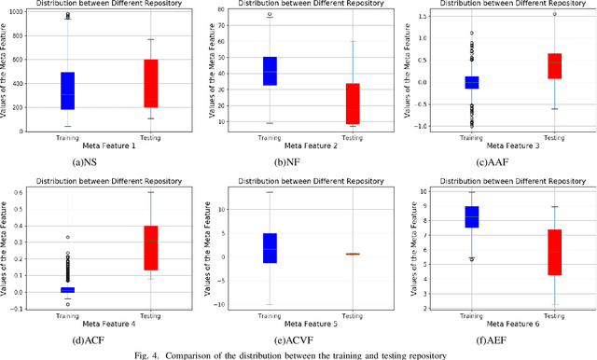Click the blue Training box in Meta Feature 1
(67, 90)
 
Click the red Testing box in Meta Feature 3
(554, 66)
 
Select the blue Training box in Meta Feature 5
(270, 248)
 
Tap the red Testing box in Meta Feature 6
(554, 252)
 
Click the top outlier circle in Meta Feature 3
(554, 14)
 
